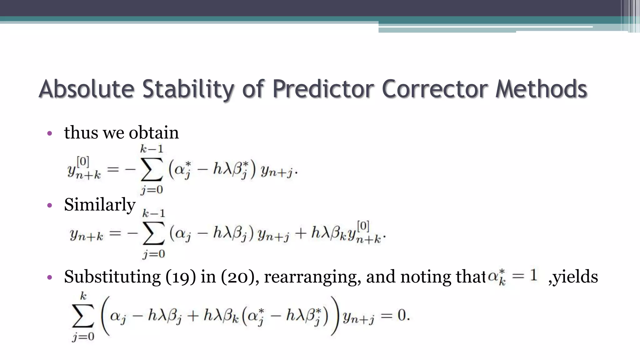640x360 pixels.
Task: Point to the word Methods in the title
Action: tap(541, 89)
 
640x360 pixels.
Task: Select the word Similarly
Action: tap(100, 205)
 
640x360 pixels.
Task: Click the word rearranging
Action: tap(310, 277)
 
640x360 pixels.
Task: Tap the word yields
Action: tap(575, 277)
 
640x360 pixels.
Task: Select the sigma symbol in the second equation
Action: tap(153, 233)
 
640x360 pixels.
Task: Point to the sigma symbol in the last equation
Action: tap(83, 316)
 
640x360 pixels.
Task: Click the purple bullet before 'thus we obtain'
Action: tap(49, 134)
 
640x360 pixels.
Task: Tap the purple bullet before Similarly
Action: tap(49, 206)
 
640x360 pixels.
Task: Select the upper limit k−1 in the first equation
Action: tap(152, 149)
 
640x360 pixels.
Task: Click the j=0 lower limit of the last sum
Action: tap(83, 337)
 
